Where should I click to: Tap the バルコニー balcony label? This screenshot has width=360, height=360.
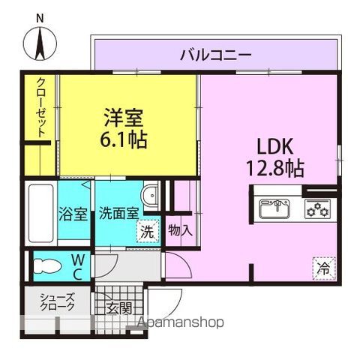click(216, 55)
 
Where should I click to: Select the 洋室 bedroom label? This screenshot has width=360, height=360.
click(124, 118)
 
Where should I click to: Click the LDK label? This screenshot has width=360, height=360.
click(275, 146)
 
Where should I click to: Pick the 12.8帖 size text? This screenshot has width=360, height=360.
click(275, 169)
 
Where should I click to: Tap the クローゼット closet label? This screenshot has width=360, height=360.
click(41, 108)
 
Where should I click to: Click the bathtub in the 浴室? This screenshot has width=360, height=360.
click(41, 214)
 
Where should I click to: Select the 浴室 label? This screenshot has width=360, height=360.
click(73, 214)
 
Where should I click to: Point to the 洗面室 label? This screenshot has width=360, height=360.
click(118, 214)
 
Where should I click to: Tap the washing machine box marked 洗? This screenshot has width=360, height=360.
click(148, 231)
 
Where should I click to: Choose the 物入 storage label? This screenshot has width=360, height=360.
click(181, 230)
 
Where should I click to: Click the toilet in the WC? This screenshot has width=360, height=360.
click(47, 266)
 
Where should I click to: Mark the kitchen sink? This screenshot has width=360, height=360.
click(274, 208)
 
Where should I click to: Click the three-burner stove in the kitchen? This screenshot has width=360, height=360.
click(317, 208)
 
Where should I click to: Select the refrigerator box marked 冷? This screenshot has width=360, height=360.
click(324, 268)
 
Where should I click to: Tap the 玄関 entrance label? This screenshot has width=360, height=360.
click(119, 308)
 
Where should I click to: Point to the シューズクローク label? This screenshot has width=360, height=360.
click(58, 301)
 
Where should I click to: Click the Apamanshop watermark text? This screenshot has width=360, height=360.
click(181, 322)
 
